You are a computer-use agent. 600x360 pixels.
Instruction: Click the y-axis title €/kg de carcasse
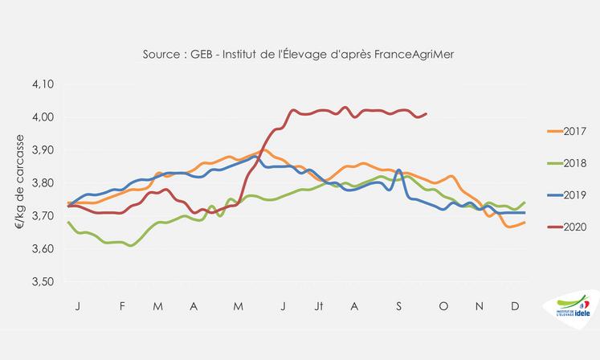point(18,182)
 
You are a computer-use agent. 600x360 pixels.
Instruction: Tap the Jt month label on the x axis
point(320,306)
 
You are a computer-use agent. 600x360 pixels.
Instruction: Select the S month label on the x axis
point(398,306)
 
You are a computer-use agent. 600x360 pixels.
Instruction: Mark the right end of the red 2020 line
point(426,114)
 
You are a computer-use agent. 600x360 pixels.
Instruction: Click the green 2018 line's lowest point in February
point(131,245)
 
